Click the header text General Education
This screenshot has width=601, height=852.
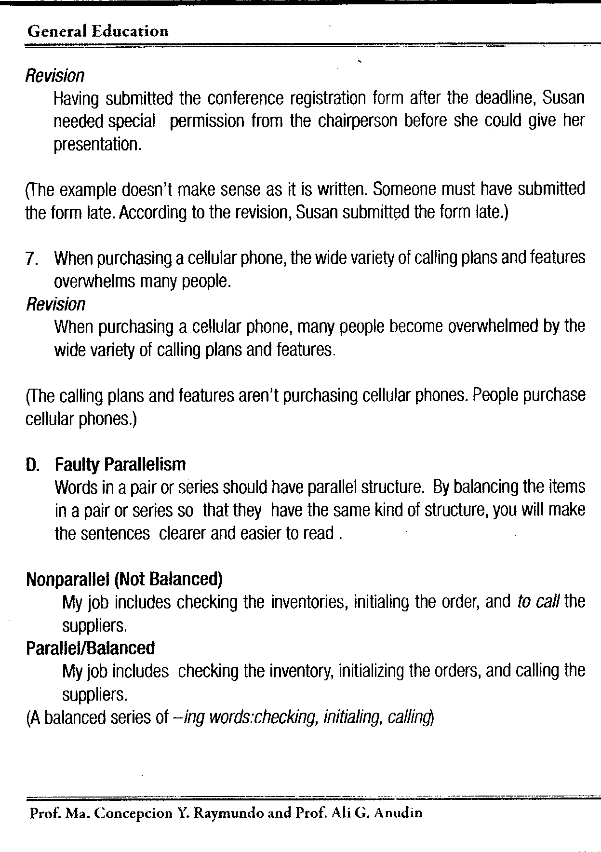point(98,32)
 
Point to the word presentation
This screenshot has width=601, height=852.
point(97,144)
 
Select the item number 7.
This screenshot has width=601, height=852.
point(32,259)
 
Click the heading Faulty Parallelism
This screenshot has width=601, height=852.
point(120,464)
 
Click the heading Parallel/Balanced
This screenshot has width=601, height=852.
point(90,648)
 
